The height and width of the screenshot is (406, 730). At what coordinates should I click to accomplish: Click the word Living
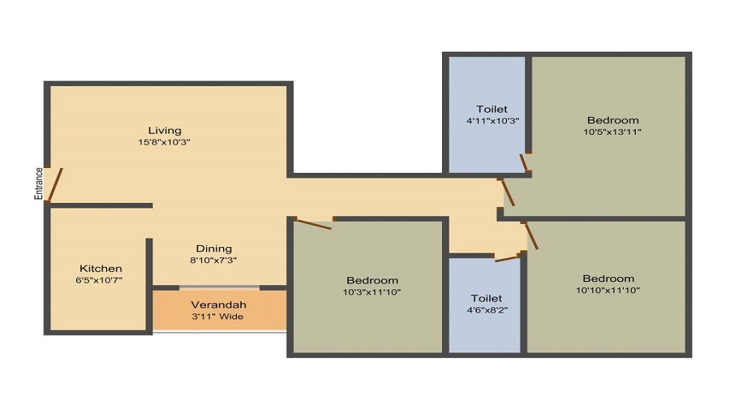point(165,131)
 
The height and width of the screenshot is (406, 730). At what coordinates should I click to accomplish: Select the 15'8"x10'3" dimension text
point(165,142)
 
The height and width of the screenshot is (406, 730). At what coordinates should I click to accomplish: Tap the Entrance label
point(39,184)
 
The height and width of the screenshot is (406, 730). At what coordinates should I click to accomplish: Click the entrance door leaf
point(55,184)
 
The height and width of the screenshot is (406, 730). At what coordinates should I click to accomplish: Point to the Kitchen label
point(101,269)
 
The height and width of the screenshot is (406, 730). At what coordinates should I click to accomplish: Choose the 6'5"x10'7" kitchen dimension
point(99,280)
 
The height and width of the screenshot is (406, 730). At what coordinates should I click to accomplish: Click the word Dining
point(213,249)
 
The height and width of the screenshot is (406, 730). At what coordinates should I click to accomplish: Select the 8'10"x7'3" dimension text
point(213,260)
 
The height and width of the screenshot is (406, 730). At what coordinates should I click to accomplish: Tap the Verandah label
point(218,304)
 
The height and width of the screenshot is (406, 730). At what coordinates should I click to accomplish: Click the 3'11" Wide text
point(218,317)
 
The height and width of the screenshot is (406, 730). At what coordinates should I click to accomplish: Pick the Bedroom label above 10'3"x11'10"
point(372,281)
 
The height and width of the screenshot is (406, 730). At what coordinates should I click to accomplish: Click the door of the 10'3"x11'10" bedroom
point(314,224)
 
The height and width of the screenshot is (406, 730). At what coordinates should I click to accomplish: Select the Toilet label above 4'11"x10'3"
point(492,109)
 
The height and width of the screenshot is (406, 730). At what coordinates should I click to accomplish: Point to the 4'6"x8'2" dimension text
point(487,309)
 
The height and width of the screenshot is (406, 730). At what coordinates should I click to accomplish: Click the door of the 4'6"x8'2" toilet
point(506,258)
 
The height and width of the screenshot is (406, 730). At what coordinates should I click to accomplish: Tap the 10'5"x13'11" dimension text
point(612,132)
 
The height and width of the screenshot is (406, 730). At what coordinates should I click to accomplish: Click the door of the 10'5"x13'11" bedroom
point(508,192)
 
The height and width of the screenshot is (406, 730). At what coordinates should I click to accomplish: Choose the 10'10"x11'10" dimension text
point(608,291)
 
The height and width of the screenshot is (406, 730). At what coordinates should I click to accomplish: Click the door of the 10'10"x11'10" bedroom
point(531,236)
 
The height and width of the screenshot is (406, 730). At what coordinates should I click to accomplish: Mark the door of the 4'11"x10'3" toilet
point(523,162)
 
